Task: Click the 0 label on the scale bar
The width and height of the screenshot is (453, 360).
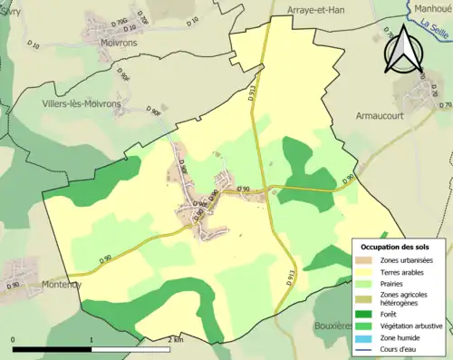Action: click(x=13, y=340)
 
